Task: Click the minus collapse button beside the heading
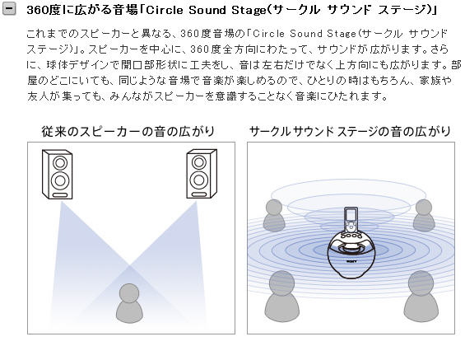(x=9, y=8)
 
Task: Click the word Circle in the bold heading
(x=165, y=10)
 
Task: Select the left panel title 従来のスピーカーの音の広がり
(x=128, y=132)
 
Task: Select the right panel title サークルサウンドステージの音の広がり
(x=350, y=132)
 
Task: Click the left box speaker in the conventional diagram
(x=58, y=174)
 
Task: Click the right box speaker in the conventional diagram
(x=202, y=174)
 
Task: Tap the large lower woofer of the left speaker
(x=60, y=180)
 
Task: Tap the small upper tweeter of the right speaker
(x=199, y=162)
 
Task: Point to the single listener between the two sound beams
(x=129, y=303)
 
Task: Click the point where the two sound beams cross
(x=129, y=264)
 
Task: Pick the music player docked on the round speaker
(x=351, y=220)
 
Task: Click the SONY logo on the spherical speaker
(x=351, y=261)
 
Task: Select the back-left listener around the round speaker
(x=274, y=216)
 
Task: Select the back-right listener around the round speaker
(x=424, y=216)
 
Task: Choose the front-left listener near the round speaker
(x=281, y=296)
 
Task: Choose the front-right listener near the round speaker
(x=421, y=296)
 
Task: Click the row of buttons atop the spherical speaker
(x=351, y=236)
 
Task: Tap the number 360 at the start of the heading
(x=35, y=11)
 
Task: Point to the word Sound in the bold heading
(x=207, y=11)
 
